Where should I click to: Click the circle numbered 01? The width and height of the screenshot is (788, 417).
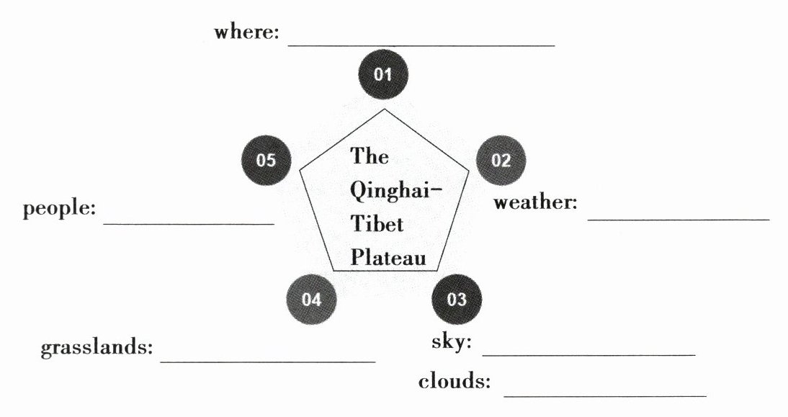(383, 73)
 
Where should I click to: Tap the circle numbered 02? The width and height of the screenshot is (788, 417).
(501, 160)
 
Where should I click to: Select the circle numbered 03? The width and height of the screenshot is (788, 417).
(457, 300)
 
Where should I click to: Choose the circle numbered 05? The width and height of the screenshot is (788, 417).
(266, 160)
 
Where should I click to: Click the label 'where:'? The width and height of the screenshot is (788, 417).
(246, 33)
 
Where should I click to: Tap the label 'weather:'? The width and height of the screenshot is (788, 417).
(535, 202)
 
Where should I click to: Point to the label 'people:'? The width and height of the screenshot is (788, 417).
(59, 210)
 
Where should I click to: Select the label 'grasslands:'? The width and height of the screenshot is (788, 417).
(97, 348)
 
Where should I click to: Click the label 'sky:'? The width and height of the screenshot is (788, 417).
(451, 342)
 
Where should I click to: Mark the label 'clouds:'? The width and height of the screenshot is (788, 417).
(455, 382)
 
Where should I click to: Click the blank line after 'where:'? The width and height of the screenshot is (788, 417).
(421, 44)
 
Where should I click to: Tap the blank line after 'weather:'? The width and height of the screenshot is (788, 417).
(679, 218)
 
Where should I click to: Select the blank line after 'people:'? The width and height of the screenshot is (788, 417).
(189, 223)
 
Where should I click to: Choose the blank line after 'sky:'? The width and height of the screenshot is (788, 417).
(588, 354)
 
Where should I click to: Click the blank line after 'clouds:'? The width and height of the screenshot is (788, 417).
(605, 395)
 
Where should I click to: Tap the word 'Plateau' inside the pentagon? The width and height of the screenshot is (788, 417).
(389, 258)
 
